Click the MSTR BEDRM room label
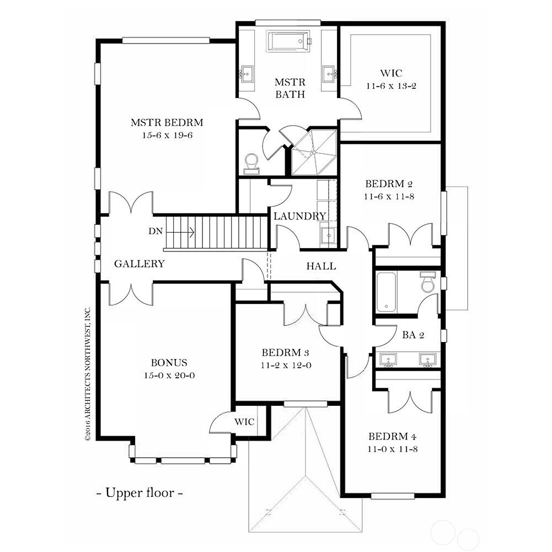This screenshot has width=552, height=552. point(167,122)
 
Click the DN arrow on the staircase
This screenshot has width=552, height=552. point(180,232)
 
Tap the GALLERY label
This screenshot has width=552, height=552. point(140,264)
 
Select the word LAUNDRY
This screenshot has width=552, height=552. point(300,216)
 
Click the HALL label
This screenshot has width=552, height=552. point(321,266)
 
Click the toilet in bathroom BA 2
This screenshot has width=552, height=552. point(428,282)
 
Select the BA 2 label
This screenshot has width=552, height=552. point(413,335)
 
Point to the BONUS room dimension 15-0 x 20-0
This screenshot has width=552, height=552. point(169,376)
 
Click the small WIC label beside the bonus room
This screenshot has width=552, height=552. point(244,422)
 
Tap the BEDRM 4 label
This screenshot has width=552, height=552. point(393,436)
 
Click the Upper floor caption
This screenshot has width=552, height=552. point(140,492)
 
